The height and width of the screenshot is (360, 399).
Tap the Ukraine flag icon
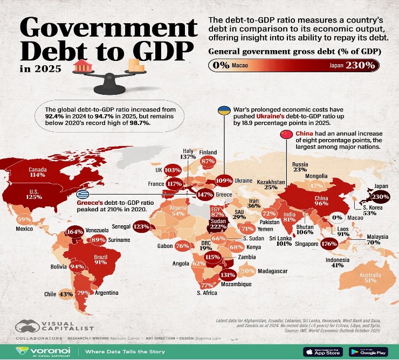(223, 110)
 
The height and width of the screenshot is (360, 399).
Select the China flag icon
(284, 135)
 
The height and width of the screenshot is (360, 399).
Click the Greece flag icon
(83, 194)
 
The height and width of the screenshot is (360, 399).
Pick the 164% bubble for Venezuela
(74, 232)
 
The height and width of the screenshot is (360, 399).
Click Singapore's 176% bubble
(329, 243)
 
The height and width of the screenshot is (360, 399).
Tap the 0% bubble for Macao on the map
(338, 217)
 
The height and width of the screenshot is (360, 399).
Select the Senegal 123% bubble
(141, 226)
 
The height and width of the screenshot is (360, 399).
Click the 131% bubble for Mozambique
(228, 274)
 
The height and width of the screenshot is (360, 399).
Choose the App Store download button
(324, 351)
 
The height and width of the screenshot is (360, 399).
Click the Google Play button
(368, 351)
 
